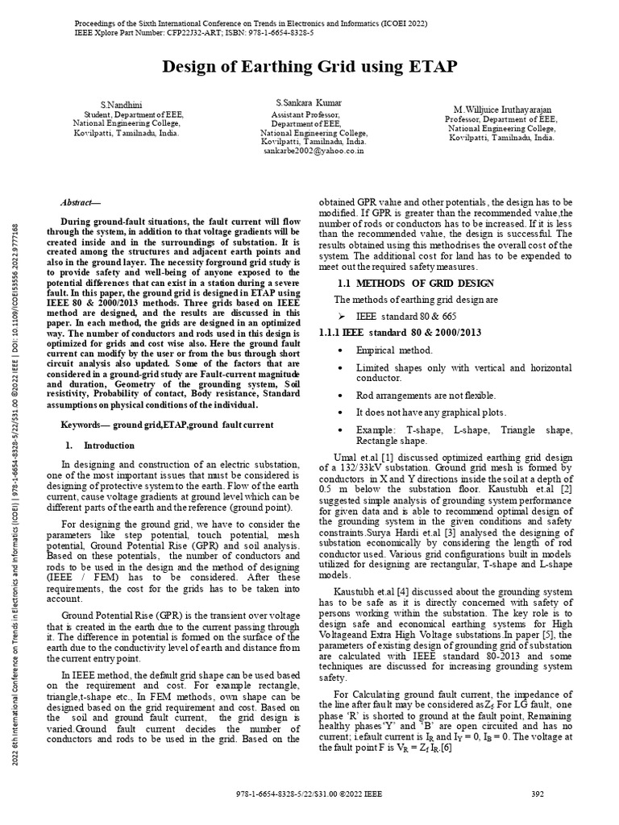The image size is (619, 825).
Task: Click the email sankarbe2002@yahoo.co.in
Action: pos(314,150)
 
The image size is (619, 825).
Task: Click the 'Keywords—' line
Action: pos(167,424)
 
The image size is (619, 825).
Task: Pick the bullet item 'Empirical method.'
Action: pos(394,350)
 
